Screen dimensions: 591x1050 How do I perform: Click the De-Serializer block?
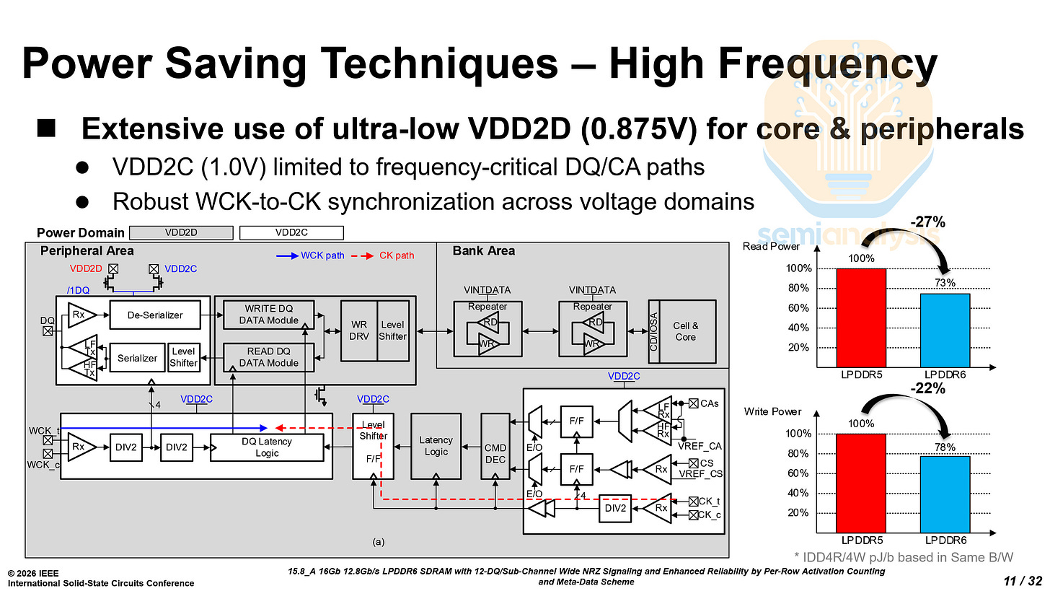pyautogui.click(x=154, y=315)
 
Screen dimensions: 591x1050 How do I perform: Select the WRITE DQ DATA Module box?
pyautogui.click(x=268, y=315)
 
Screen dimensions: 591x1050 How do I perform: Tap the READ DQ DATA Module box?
pyautogui.click(x=268, y=356)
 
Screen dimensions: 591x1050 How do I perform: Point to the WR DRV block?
pyautogui.click(x=358, y=330)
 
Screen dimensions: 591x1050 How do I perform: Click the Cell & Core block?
pyautogui.click(x=685, y=331)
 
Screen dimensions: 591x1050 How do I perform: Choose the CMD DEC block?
pyautogui.click(x=495, y=446)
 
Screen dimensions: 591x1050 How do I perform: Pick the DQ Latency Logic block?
pyautogui.click(x=267, y=447)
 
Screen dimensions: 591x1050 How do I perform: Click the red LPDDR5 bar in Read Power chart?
pyautogui.click(x=861, y=318)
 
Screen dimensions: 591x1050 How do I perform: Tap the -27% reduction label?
pyautogui.click(x=927, y=222)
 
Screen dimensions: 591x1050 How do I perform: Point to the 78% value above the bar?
pyautogui.click(x=945, y=447)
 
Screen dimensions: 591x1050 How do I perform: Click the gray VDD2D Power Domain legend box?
pyautogui.click(x=181, y=232)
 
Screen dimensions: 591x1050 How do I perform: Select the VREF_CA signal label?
pyautogui.click(x=699, y=446)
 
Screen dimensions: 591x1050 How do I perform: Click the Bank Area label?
pyautogui.click(x=483, y=250)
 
